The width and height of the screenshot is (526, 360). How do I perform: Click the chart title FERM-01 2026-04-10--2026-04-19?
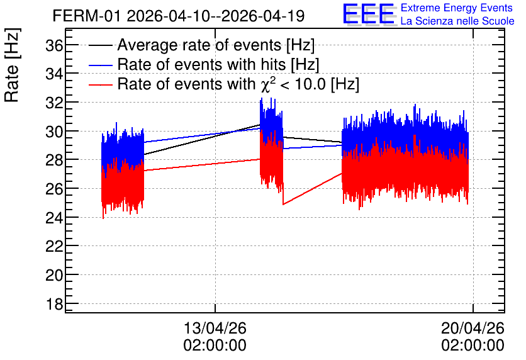[x=179, y=16]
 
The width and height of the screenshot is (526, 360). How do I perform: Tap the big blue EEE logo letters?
[x=369, y=14]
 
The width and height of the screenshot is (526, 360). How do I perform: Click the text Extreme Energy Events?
[x=457, y=8]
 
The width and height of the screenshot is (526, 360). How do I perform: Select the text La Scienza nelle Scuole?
[x=457, y=21]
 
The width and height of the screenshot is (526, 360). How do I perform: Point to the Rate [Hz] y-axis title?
[x=11, y=65]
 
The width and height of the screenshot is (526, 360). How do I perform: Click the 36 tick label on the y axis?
[x=54, y=45]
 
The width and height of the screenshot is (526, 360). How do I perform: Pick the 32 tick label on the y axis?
[x=54, y=103]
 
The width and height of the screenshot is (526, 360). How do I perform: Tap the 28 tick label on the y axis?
[x=54, y=160]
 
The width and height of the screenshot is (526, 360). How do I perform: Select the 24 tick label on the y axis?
[x=54, y=217]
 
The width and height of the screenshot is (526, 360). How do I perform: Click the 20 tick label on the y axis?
[x=54, y=275]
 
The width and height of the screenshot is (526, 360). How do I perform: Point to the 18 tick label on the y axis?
[x=54, y=303]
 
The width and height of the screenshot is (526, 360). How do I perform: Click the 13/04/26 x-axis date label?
[x=215, y=327]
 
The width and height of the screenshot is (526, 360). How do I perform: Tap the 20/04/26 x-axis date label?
[x=473, y=327]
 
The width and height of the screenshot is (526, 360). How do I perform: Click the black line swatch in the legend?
[x=100, y=45]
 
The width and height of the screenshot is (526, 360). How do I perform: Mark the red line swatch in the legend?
[x=100, y=84]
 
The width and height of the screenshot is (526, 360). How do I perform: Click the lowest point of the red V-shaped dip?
[x=284, y=204]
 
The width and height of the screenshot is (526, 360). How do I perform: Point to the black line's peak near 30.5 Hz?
[x=260, y=125]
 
